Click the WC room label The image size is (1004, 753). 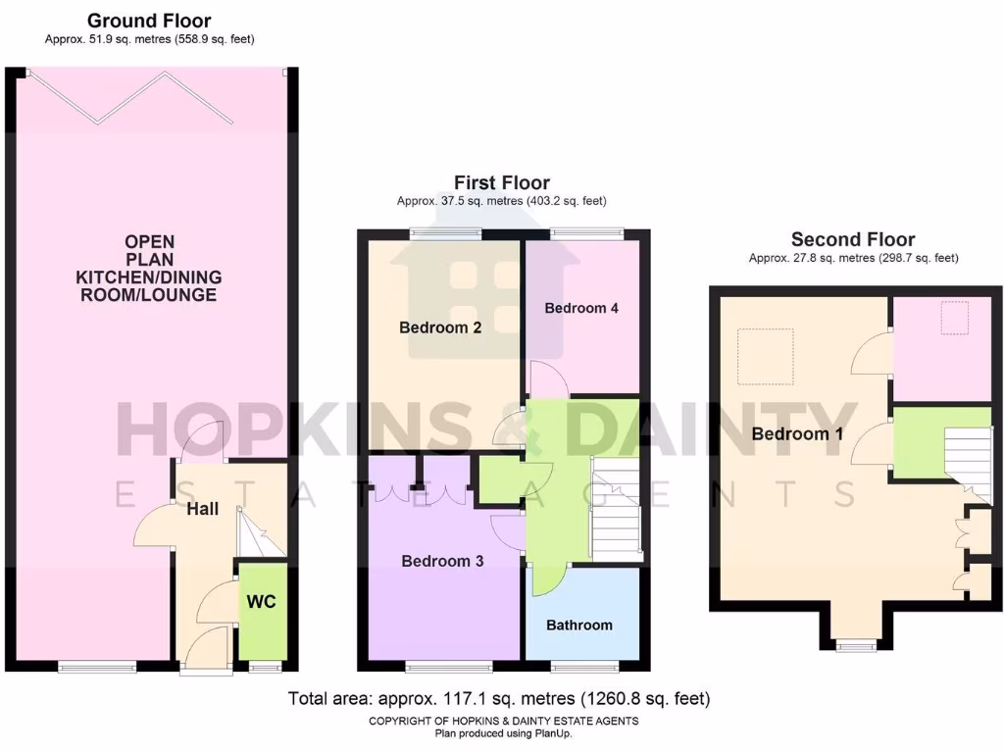click(x=261, y=600)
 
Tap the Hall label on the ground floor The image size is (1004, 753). click(x=202, y=509)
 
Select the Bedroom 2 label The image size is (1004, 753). click(x=440, y=327)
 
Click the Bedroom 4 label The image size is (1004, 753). click(x=581, y=308)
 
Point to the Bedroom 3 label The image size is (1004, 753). click(x=442, y=561)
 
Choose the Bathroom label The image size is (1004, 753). click(x=579, y=625)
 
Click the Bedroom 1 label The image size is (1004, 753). click(x=790, y=433)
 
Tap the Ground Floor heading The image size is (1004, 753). click(x=149, y=21)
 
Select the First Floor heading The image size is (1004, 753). click(x=501, y=182)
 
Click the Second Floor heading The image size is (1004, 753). click(x=853, y=239)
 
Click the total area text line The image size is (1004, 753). click(x=499, y=699)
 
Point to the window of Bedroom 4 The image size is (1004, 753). click(x=586, y=232)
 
